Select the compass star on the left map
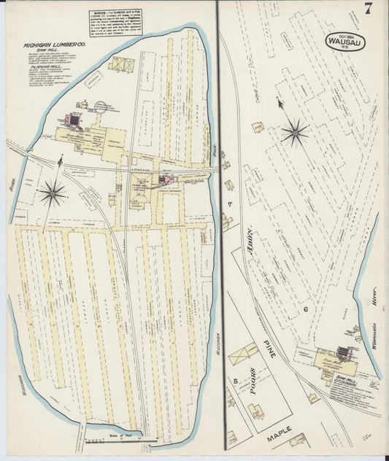[52, 193]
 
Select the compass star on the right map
[295, 132]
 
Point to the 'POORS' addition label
[255, 381]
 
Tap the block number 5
[235, 380]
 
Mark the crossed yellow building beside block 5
[243, 355]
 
